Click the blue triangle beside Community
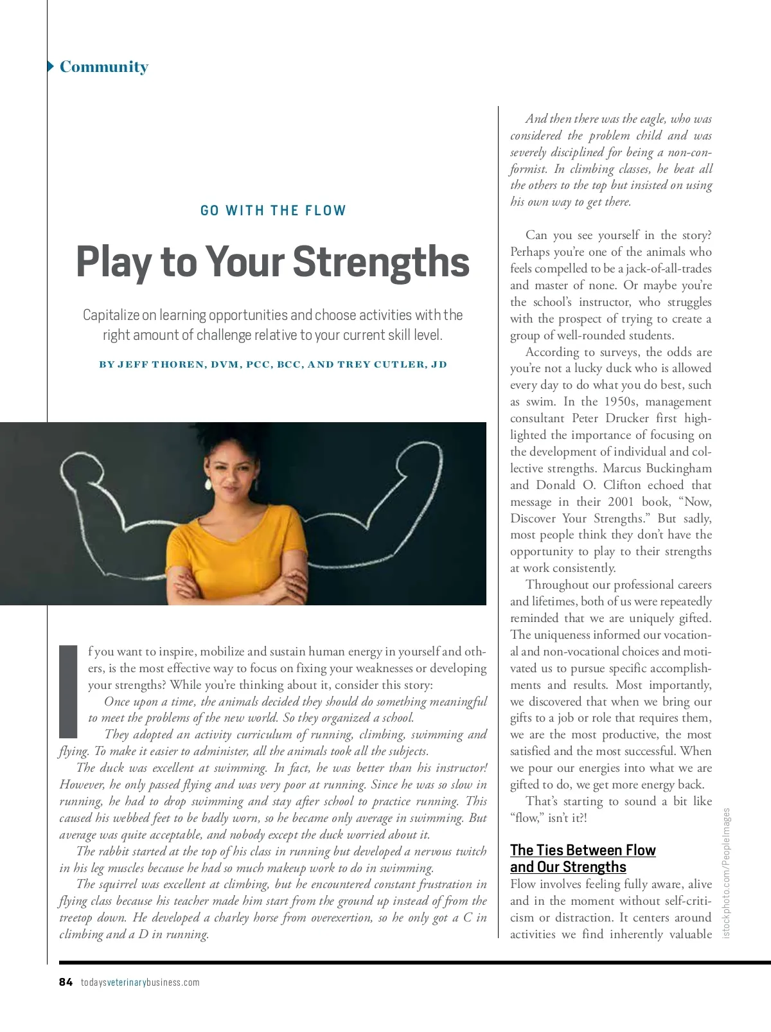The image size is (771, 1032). pyautogui.click(x=51, y=67)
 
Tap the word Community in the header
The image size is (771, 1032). pyautogui.click(x=104, y=67)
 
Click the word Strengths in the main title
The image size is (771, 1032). pyautogui.click(x=381, y=262)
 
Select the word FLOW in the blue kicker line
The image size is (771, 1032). pyautogui.click(x=326, y=211)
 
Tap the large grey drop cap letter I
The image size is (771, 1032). pyautogui.click(x=68, y=691)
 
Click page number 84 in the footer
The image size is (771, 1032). pyautogui.click(x=66, y=982)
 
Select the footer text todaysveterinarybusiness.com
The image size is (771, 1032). pyautogui.click(x=140, y=982)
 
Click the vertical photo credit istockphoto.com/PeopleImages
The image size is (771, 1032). pyautogui.click(x=727, y=873)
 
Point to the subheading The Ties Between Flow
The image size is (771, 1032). pyautogui.click(x=583, y=850)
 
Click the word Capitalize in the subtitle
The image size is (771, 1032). pyautogui.click(x=111, y=315)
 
